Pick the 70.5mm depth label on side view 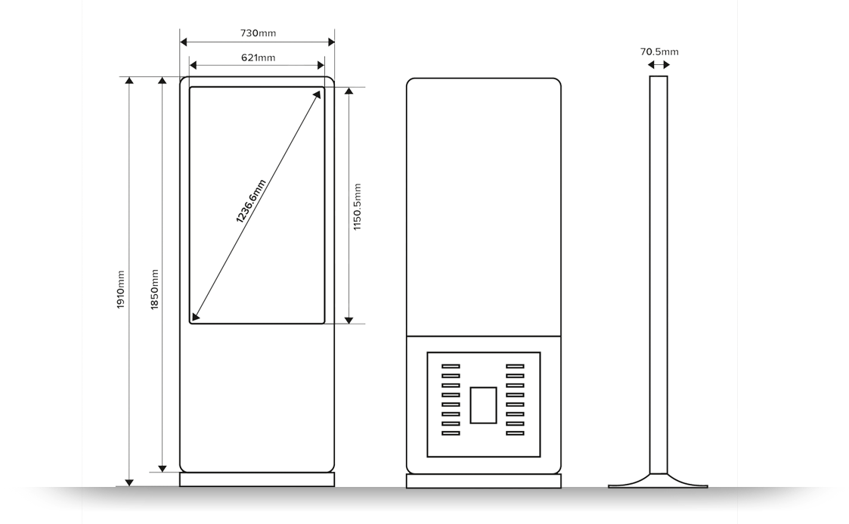(659, 52)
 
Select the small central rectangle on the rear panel (484, 405)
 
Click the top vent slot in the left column (451, 367)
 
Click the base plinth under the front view (257, 480)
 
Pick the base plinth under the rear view (484, 480)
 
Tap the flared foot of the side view (658, 482)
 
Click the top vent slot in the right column (515, 367)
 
